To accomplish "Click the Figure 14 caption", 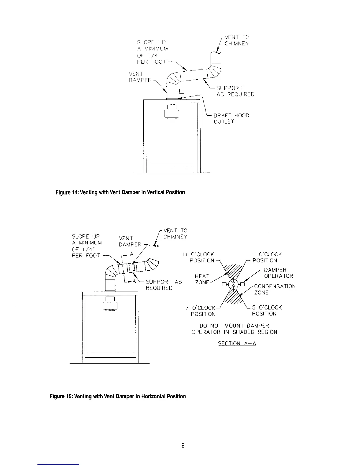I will click(120, 193).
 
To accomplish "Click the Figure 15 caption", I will click(118, 396).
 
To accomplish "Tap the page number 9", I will click(183, 445).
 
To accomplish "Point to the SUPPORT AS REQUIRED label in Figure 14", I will click(235, 91).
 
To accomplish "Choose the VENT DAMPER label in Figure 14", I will click(140, 77).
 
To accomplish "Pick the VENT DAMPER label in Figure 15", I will click(130, 241).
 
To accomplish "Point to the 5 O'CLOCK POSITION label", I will click(267, 311).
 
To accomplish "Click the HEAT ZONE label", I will click(202, 279).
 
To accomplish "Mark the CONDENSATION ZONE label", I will click(274, 290).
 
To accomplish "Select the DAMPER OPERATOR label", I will click(278, 273).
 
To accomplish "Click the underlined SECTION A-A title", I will click(237, 343).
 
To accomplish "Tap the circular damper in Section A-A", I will click(233, 284).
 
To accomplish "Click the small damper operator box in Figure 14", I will click(181, 91).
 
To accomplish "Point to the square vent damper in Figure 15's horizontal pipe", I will click(132, 267).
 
